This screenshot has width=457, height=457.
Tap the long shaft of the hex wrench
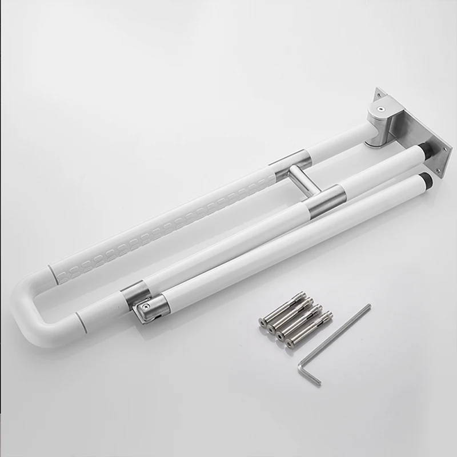[340, 337]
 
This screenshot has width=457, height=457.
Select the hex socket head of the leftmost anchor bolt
[262, 322]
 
